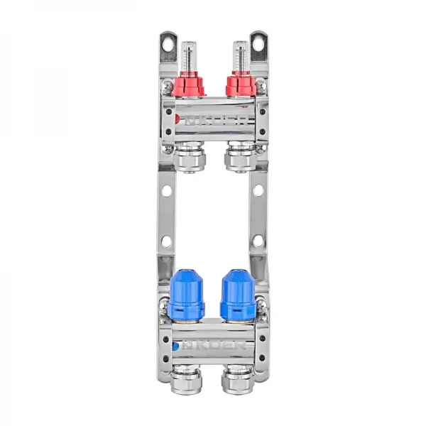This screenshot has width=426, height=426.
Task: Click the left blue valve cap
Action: (x=187, y=295)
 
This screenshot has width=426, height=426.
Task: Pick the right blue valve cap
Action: (x=237, y=295)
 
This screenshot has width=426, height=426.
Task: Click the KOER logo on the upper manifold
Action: (x=213, y=122)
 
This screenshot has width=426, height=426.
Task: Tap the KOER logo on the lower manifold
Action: (x=213, y=347)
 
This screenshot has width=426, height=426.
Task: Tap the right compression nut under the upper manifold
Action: (x=237, y=158)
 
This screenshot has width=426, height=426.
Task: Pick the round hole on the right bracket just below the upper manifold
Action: (x=258, y=191)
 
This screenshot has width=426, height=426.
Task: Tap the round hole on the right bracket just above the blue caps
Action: (x=258, y=241)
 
